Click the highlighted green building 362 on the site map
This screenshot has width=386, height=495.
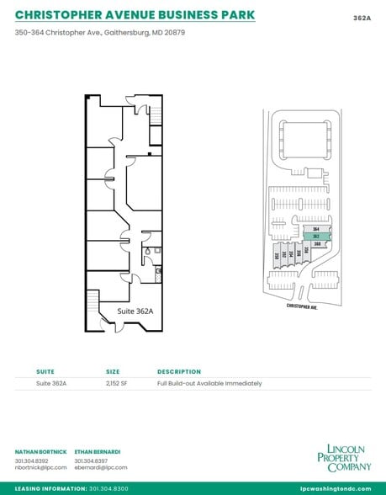316,237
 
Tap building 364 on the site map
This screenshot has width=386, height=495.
316,229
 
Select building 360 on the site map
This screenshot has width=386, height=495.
317,244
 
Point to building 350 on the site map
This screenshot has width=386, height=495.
277,256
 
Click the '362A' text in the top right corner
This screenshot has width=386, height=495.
362,15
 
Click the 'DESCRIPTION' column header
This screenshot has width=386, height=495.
179,371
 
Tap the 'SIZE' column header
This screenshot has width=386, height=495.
113,371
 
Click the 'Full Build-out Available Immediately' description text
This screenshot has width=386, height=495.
209,383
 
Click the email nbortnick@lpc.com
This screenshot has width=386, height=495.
39,467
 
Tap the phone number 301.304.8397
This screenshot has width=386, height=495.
90,460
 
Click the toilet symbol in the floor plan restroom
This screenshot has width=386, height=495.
148,250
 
